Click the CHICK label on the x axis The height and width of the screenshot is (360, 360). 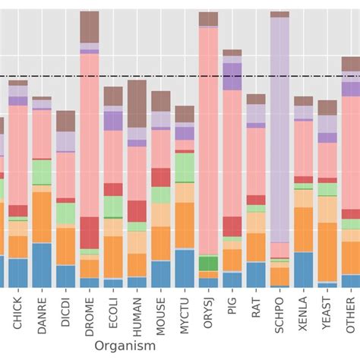[18, 313]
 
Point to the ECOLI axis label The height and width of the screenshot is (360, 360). [113, 314]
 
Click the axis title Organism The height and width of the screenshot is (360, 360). [126, 346]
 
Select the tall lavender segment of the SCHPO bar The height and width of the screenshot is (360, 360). [279, 129]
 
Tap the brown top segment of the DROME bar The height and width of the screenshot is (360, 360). [90, 27]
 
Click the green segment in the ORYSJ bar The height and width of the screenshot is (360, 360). [208, 264]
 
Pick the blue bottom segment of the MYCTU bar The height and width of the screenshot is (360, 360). [185, 267]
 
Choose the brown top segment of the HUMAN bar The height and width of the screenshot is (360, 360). [137, 103]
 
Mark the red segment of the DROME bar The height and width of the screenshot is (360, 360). [90, 232]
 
